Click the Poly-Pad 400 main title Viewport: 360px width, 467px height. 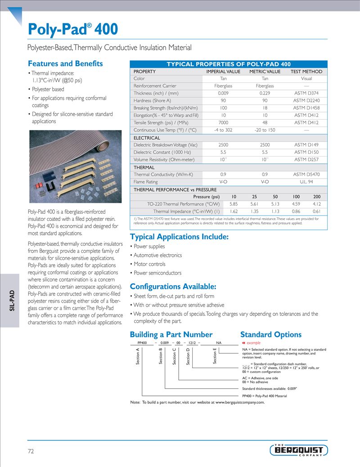pos(73,30)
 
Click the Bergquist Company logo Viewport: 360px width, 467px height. pos(299,450)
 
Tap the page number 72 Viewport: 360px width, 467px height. pos(31,451)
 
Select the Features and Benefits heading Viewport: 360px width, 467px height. pos(65,63)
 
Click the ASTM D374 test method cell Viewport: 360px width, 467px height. pos(306,93)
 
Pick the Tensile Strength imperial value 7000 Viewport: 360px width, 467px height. pos(223,122)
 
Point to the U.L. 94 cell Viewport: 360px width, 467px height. pos(306,182)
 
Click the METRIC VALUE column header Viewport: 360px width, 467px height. pos(265,72)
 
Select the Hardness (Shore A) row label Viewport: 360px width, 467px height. pos(152,101)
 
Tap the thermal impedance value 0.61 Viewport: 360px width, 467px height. pos(316,211)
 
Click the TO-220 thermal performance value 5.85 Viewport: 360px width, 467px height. pos(234,204)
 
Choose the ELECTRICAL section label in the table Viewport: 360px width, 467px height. pos(147,138)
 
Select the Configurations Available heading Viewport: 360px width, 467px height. pos(173,287)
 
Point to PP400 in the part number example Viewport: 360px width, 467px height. pos(143,343)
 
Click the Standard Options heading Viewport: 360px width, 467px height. pos(271,334)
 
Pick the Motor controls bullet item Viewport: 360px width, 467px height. pos(149,264)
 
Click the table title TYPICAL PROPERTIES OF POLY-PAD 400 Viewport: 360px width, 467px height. pos(229,64)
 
